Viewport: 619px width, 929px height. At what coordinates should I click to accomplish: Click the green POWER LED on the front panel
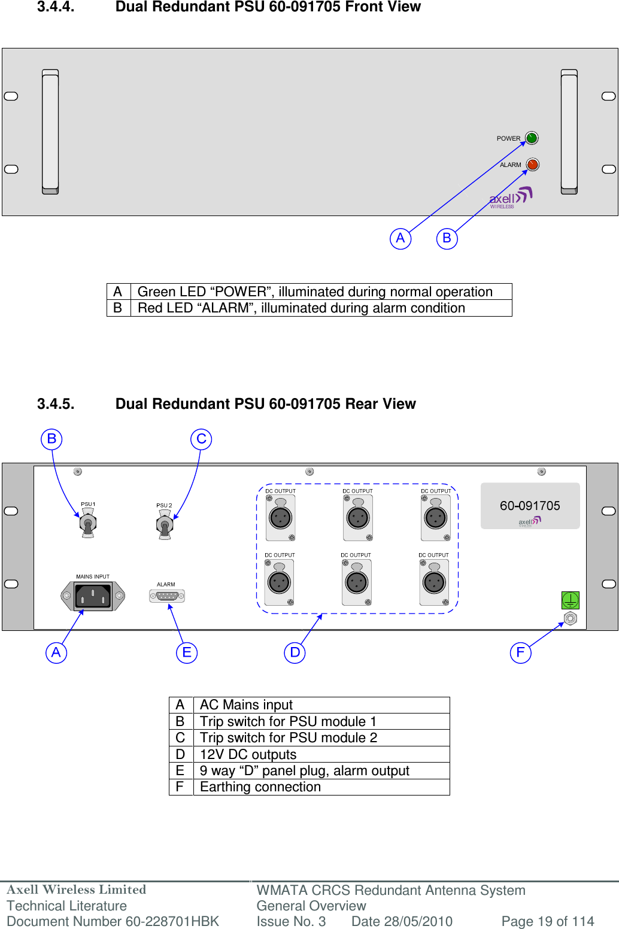[x=531, y=138]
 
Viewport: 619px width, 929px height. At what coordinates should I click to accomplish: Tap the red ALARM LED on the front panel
[x=532, y=164]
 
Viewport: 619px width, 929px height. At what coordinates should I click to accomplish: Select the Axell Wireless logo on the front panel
[x=510, y=198]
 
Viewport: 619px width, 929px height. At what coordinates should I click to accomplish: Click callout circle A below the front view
[x=400, y=238]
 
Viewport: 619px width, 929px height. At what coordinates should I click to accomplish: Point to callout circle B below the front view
[x=447, y=238]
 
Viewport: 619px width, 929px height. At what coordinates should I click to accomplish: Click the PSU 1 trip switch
[x=88, y=524]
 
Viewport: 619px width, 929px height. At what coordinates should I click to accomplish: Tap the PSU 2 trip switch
[x=165, y=526]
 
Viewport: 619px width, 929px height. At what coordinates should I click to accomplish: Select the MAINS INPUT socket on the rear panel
[x=93, y=596]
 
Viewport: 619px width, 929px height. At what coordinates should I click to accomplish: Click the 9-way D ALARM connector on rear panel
[x=167, y=596]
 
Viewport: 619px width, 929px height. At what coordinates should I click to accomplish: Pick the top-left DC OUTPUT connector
[x=280, y=517]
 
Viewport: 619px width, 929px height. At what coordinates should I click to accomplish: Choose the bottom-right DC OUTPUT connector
[x=434, y=582]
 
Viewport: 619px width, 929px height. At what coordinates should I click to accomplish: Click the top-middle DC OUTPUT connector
[x=358, y=517]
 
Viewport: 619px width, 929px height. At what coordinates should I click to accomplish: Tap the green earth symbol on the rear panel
[x=570, y=599]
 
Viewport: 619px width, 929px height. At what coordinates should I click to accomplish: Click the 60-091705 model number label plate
[x=530, y=506]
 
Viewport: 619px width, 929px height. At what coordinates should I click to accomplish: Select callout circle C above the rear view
[x=201, y=439]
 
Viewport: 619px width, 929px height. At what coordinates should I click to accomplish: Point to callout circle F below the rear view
[x=520, y=652]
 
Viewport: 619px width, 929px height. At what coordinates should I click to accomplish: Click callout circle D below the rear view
[x=295, y=652]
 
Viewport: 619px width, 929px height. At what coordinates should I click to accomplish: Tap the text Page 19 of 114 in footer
[x=547, y=921]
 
